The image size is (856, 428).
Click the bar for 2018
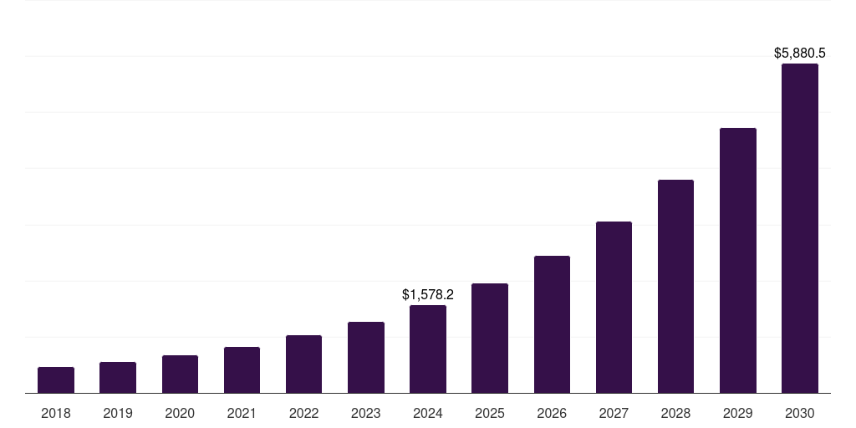coord(56,380)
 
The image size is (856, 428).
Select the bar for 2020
coord(180,374)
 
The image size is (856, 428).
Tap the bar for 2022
coord(303,364)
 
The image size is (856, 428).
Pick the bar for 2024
coord(428,349)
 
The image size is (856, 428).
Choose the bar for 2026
coord(552,324)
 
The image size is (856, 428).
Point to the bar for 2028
coord(675,287)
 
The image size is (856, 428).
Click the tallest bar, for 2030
coord(800,228)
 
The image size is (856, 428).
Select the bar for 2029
coord(738,261)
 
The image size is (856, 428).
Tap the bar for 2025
coord(490,339)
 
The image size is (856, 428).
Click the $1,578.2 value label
coord(428,294)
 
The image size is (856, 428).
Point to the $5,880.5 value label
coord(800,53)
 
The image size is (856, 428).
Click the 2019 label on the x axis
coord(118,413)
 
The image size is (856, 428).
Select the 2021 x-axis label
coord(242,413)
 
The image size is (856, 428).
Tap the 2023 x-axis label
coord(366,413)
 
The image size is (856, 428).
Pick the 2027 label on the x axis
coord(614,413)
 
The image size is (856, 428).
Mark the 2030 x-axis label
coord(800,413)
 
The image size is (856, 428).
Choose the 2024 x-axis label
coord(428,413)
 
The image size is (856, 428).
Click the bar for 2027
coord(614,308)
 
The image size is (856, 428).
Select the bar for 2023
coord(366,358)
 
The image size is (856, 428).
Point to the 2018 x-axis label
coord(56,413)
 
